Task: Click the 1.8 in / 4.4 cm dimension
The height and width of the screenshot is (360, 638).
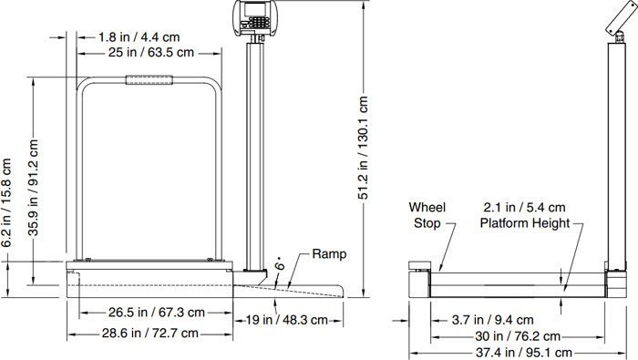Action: point(139,37)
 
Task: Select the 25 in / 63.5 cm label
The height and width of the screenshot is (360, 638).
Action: point(151,53)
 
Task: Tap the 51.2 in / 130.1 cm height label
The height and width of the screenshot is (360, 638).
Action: point(363,148)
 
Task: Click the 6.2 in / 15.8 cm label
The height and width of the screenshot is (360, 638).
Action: point(6,203)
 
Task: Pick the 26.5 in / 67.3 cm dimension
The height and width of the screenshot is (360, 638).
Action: point(156,313)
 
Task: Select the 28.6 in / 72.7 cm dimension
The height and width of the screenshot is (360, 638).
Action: point(150,334)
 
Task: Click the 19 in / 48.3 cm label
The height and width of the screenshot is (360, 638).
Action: point(287,320)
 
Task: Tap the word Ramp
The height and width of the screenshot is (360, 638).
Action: point(329,254)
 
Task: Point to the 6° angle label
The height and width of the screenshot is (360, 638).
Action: point(280,263)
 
